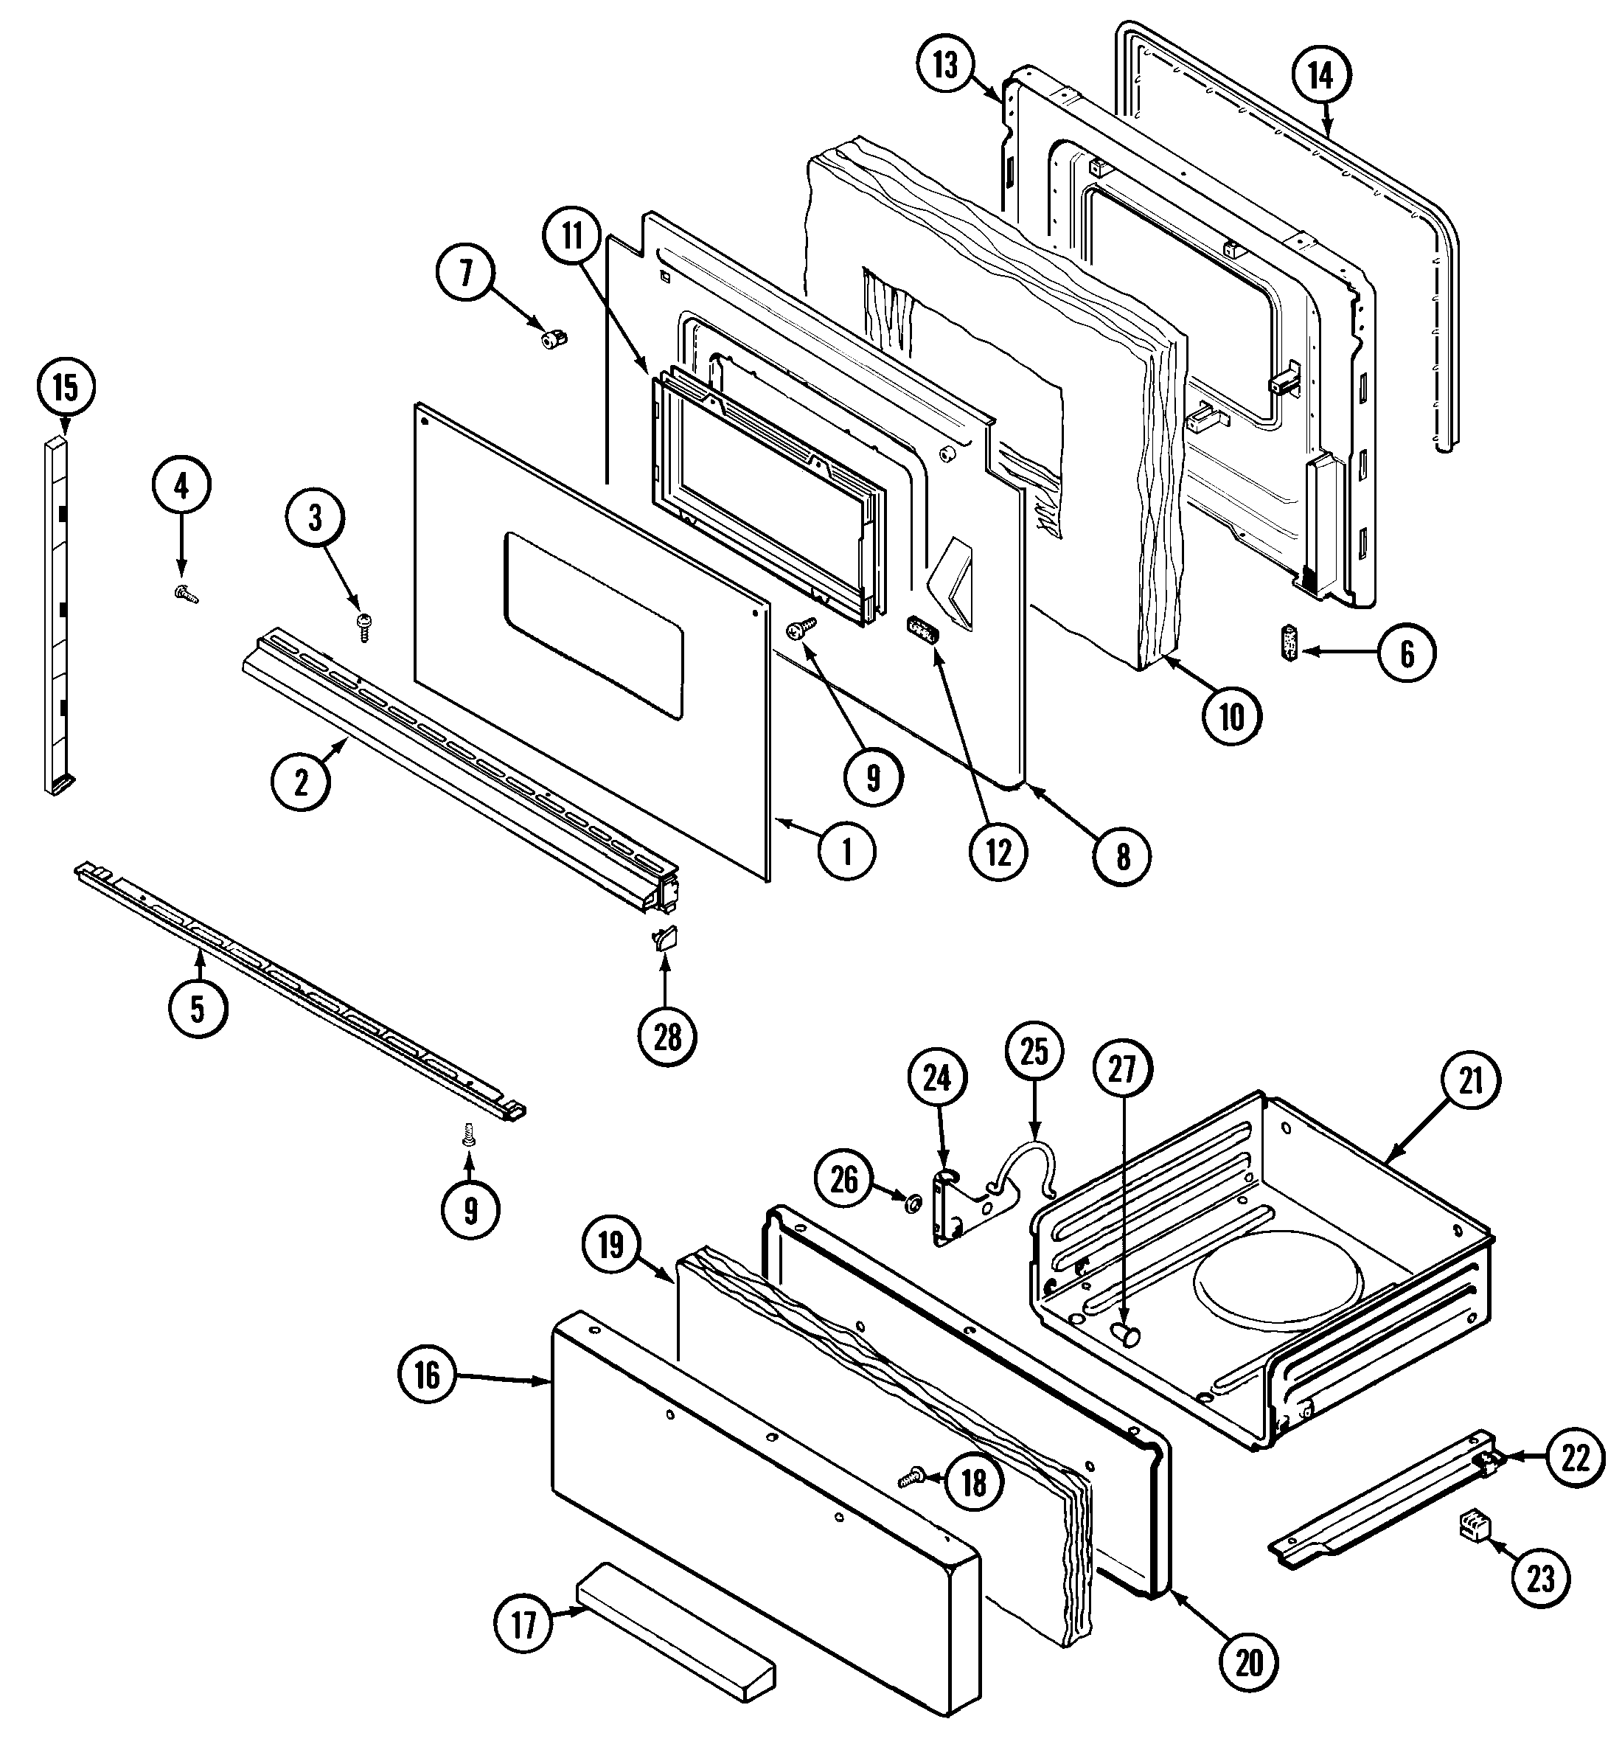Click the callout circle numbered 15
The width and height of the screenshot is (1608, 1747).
click(66, 387)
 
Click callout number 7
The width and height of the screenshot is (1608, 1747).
click(465, 274)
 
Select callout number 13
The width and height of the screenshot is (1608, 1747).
click(946, 66)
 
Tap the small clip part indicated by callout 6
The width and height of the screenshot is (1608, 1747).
click(1289, 643)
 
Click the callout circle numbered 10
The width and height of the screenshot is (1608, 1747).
click(1231, 716)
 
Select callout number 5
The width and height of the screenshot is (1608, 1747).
click(198, 1009)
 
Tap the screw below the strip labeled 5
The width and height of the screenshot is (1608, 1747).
click(469, 1133)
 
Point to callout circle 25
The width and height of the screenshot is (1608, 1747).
click(1034, 1052)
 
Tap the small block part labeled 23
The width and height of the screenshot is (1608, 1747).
click(1476, 1526)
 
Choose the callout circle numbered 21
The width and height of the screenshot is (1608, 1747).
click(1469, 1082)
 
